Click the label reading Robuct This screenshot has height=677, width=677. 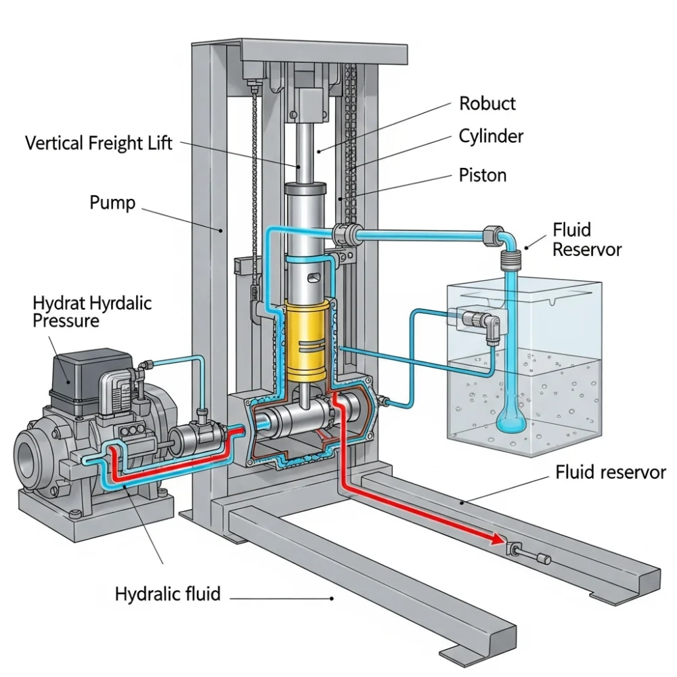[487, 104]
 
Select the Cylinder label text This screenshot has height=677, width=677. [491, 136]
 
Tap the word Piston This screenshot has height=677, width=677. [482, 175]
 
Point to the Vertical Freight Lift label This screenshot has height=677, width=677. [99, 143]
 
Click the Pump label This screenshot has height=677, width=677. [112, 202]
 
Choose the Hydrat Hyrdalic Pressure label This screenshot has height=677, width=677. [92, 311]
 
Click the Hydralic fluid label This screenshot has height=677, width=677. [168, 594]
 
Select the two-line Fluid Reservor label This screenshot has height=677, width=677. [586, 239]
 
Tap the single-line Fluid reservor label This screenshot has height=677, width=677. [611, 472]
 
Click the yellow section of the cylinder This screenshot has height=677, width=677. [307, 342]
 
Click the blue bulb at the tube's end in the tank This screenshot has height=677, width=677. [509, 422]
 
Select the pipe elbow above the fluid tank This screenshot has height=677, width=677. [506, 239]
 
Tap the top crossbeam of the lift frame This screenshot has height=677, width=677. [325, 50]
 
